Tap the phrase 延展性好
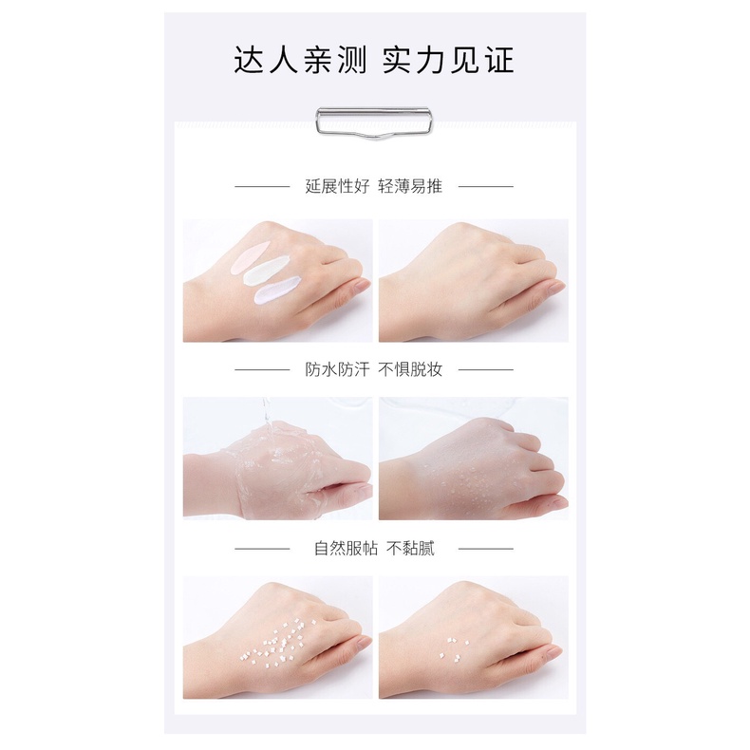pyautogui.click(x=334, y=186)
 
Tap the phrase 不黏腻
pyautogui.click(x=411, y=548)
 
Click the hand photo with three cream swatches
pyautogui.click(x=277, y=280)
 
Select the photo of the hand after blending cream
pyautogui.click(x=473, y=280)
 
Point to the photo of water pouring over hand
pyautogui.click(x=277, y=459)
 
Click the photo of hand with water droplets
pyautogui.click(x=473, y=459)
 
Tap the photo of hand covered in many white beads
pyautogui.click(x=277, y=638)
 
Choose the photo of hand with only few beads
pyautogui.click(x=473, y=638)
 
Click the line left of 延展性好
pyautogui.click(x=262, y=187)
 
